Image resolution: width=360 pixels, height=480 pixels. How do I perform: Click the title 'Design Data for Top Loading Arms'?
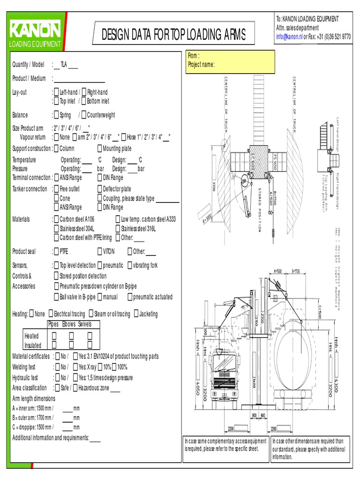coord(173,35)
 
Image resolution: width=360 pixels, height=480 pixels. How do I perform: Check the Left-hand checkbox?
coord(57,92)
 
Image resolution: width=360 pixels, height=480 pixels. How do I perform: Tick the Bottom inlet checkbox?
coord(84,101)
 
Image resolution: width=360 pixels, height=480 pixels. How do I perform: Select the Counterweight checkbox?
coord(83,115)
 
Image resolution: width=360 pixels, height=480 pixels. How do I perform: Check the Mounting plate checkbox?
coord(99,149)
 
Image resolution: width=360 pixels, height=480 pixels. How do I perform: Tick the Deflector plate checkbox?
coord(99,189)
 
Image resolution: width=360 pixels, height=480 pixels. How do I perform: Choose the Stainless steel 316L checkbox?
coord(118,228)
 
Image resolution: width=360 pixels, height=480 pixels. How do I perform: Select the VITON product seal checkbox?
coord(99,252)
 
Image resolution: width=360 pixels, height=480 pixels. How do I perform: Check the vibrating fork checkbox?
coord(130,265)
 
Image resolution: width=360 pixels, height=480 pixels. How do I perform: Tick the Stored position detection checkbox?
coord(57,276)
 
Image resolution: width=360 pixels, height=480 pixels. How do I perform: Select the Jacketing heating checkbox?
coord(136,314)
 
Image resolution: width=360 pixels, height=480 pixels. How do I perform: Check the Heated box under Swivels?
coord(89,336)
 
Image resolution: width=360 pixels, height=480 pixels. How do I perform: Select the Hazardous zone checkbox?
coord(75,388)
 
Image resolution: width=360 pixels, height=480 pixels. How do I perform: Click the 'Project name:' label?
coord(201,65)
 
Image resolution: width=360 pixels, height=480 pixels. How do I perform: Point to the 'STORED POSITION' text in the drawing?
coord(260,209)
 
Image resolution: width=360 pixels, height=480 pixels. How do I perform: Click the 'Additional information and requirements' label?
coord(50,438)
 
